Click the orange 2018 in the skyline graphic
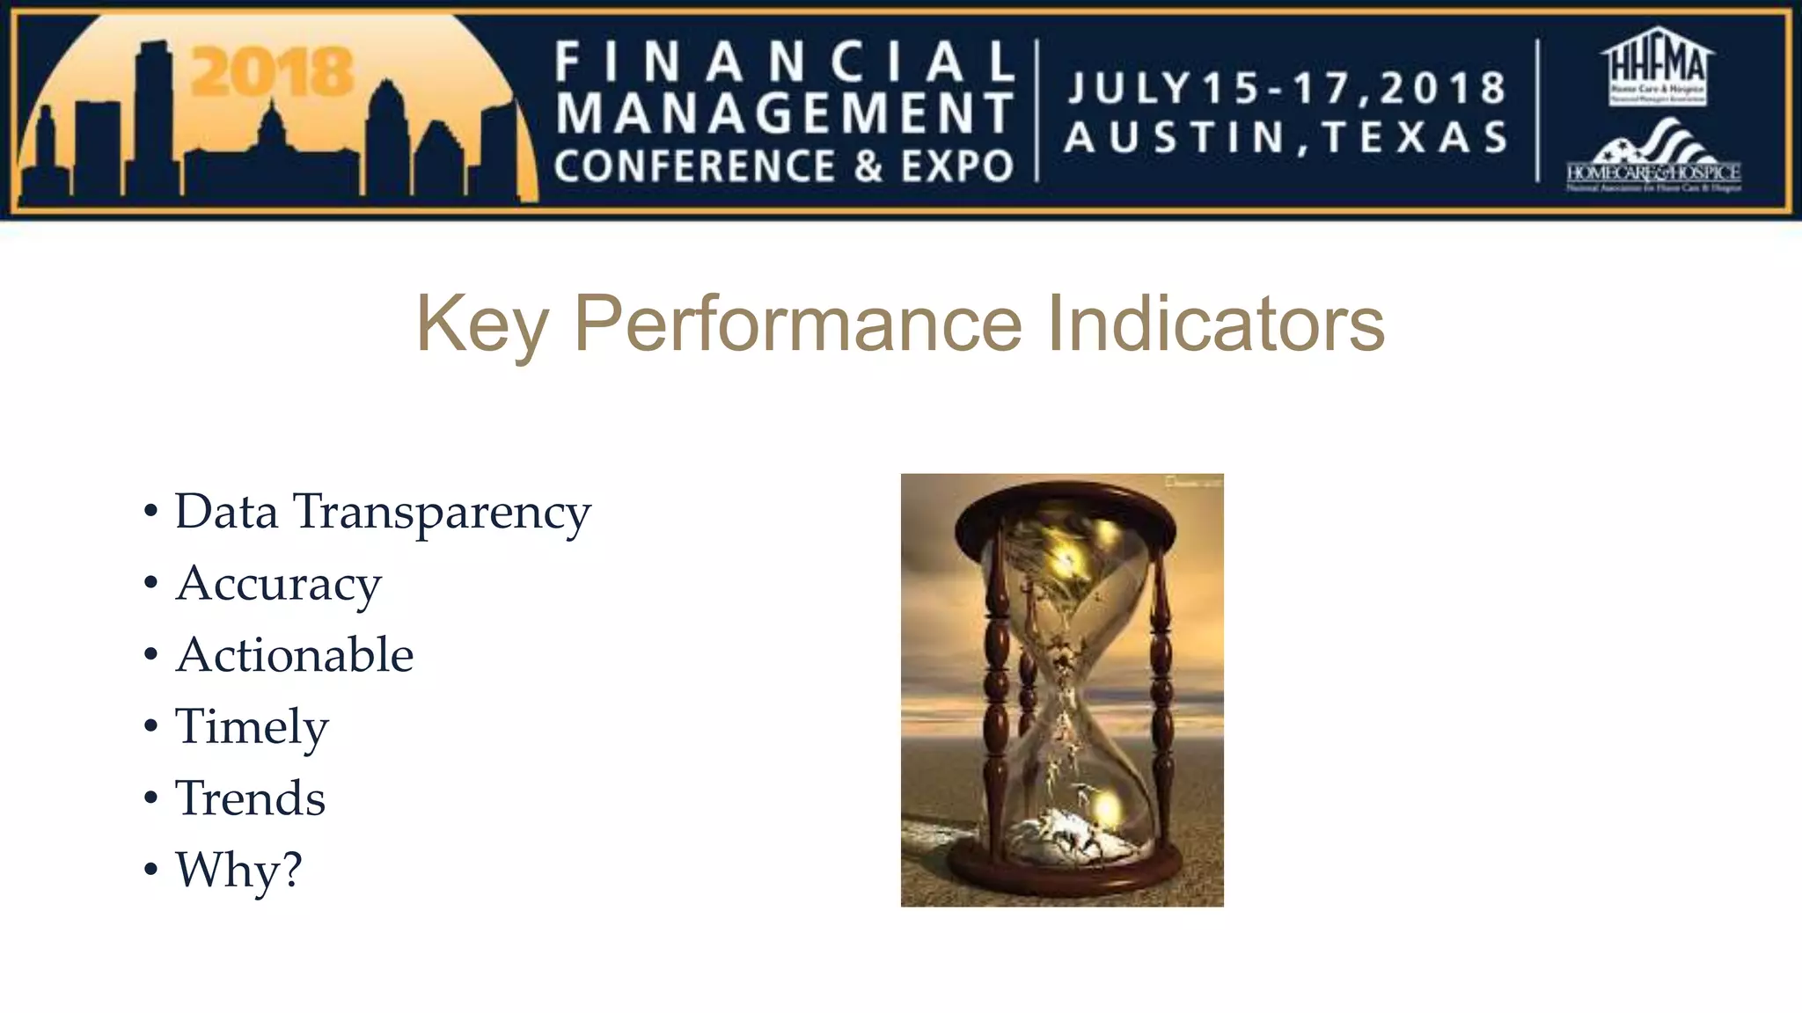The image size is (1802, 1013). click(272, 73)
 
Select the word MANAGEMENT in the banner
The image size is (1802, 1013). click(785, 113)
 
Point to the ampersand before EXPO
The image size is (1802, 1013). click(868, 166)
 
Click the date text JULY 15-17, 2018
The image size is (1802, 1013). click(1286, 88)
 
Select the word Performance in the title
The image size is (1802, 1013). click(798, 324)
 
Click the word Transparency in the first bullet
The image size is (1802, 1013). click(442, 513)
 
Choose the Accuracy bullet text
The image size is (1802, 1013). click(278, 585)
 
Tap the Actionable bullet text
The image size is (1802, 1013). click(294, 656)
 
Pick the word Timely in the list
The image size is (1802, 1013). click(252, 728)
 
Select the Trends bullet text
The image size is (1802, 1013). click(250, 798)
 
